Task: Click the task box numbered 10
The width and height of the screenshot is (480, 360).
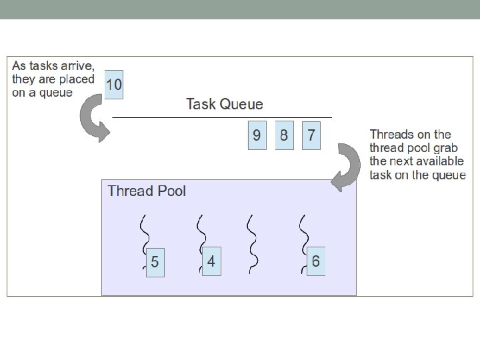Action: (114, 85)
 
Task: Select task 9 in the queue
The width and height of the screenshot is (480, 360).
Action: (257, 135)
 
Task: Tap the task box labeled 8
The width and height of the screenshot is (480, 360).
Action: (284, 135)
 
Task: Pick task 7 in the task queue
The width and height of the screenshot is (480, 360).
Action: (311, 135)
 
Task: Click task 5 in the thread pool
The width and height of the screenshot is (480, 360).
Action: (155, 262)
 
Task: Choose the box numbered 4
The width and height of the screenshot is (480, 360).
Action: (211, 261)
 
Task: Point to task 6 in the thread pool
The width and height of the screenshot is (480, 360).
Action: (315, 261)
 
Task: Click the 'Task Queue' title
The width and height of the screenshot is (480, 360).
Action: (225, 104)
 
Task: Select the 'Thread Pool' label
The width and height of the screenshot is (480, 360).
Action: (147, 191)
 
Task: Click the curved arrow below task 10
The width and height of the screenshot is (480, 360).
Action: (93, 120)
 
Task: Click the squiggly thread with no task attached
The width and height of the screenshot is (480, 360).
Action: (251, 243)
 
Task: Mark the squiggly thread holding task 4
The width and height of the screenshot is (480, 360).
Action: (199, 230)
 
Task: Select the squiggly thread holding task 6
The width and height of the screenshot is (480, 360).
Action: (304, 230)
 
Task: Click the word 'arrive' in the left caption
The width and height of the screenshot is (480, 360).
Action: (78, 67)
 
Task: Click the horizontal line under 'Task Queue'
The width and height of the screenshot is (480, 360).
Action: (222, 117)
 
